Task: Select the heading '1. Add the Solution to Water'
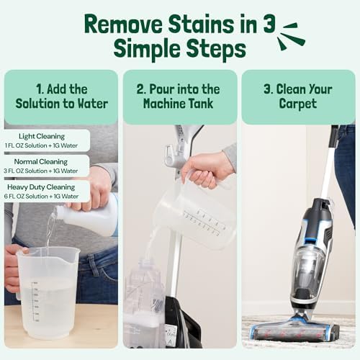coord(61,96)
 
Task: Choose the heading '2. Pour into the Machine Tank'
coord(180,96)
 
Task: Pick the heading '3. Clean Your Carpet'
coord(297,96)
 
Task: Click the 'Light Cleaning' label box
coord(47,140)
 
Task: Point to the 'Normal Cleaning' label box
coord(47,166)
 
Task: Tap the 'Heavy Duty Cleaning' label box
coord(47,191)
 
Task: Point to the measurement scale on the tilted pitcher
coord(205,220)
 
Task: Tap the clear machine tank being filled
coord(148,302)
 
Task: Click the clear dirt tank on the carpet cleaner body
coord(306,266)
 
